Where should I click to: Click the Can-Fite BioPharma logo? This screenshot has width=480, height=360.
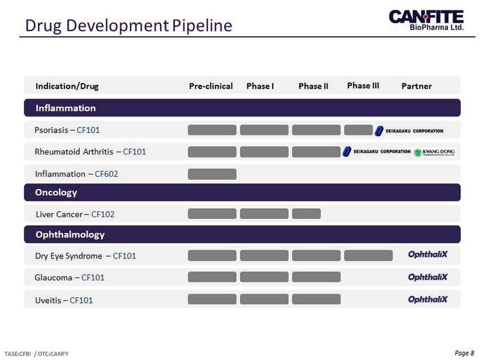coord(426,20)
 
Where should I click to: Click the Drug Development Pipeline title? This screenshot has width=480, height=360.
coord(129,25)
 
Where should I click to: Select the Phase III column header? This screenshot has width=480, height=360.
coord(363,86)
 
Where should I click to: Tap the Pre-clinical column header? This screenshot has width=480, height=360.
coord(211,86)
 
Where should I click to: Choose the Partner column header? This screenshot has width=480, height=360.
coord(417,86)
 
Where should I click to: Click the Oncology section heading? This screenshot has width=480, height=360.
coord(56,192)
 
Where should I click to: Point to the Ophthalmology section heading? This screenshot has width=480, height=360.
coord(70,235)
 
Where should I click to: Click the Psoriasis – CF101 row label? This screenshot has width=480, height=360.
coord(67,130)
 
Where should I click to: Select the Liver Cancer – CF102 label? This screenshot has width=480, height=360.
coord(75,214)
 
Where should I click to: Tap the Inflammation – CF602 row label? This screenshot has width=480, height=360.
coord(77,174)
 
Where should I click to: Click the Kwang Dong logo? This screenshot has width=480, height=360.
coord(435,152)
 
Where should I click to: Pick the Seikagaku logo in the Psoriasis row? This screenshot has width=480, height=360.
coord(409,131)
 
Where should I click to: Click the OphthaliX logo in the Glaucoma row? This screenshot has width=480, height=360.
coord(427,277)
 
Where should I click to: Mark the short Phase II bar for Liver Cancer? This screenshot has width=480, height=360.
coord(307,214)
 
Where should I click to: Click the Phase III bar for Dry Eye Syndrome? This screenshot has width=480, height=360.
coord(368,256)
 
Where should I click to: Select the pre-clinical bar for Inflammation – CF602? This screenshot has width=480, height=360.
coord(212,174)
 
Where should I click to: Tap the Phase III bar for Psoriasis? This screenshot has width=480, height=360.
coord(359,130)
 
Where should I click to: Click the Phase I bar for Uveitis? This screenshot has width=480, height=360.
coord(264,299)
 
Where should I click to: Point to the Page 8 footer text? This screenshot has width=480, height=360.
coord(464,353)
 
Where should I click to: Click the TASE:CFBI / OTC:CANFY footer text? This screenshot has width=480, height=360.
coord(37,354)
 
